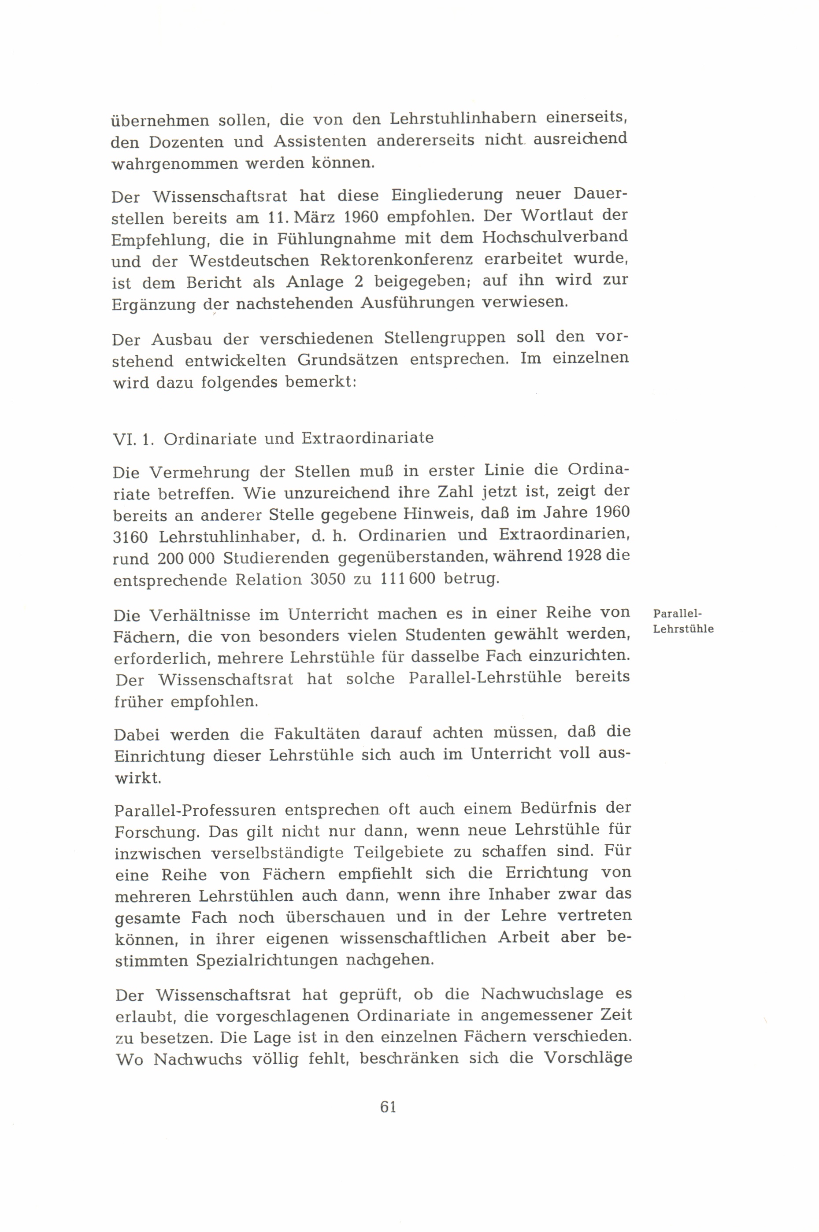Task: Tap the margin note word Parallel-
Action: coord(678,614)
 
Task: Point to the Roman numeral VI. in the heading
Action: coord(124,439)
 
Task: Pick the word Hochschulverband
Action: coord(555,237)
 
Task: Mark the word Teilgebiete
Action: coord(400,852)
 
